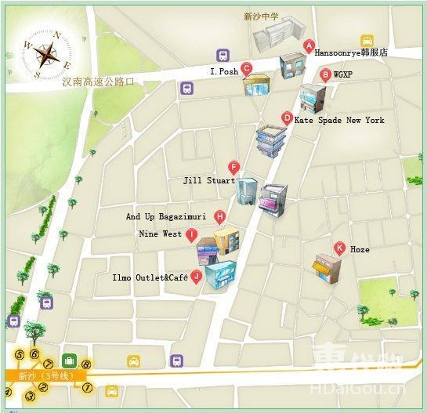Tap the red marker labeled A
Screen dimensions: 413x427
click(x=309, y=45)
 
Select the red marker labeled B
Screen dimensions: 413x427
click(x=325, y=75)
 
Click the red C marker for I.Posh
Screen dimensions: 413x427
click(x=247, y=69)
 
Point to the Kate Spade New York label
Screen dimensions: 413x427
click(x=339, y=121)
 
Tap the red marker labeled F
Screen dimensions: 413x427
click(x=233, y=167)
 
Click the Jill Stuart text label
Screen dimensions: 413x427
click(x=208, y=180)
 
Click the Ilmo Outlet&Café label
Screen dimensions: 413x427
click(x=150, y=277)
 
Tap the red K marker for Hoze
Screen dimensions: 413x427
click(x=339, y=248)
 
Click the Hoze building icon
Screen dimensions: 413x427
click(x=326, y=269)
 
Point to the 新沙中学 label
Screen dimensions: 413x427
click(x=262, y=16)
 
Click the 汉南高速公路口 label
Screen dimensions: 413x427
click(x=103, y=81)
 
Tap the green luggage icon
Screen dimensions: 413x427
click(x=69, y=360)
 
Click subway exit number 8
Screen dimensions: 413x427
click(x=86, y=364)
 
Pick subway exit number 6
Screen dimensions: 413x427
click(x=34, y=354)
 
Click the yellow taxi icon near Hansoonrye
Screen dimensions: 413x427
click(x=367, y=41)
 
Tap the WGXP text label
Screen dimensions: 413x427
click(x=343, y=74)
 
